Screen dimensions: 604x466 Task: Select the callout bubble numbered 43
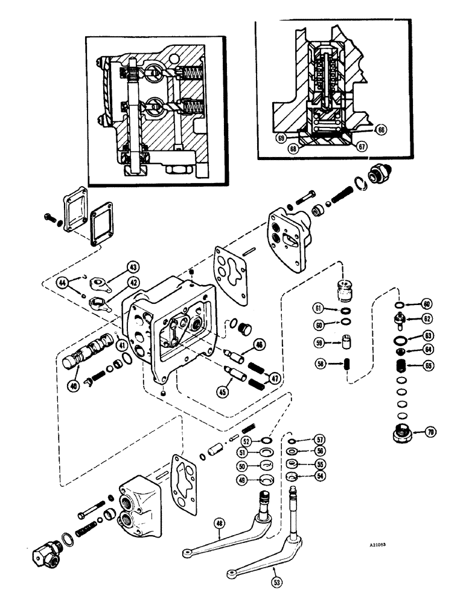point(132,266)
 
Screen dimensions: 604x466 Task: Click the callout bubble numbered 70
point(430,432)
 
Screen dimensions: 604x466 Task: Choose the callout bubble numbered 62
point(426,319)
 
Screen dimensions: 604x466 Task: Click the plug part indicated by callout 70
point(401,432)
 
